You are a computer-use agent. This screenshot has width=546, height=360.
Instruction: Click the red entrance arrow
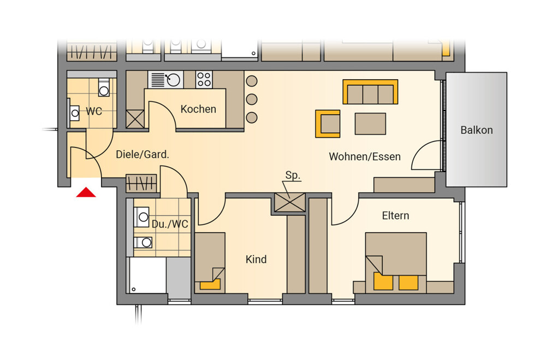(x=86, y=193)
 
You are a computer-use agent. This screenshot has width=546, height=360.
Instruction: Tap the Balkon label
(x=476, y=131)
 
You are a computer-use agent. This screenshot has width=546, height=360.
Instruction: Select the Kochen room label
(x=198, y=109)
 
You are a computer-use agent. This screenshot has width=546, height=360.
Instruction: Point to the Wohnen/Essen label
(x=365, y=156)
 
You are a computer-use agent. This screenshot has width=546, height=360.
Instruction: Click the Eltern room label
(x=395, y=216)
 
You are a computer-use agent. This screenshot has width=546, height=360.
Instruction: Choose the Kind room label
(x=256, y=259)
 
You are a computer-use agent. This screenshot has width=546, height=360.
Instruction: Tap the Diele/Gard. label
(x=143, y=155)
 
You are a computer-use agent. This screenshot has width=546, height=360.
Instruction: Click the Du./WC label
(x=170, y=224)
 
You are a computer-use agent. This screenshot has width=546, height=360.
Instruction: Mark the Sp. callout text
(x=293, y=175)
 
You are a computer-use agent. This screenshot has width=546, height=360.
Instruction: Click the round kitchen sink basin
(x=174, y=80)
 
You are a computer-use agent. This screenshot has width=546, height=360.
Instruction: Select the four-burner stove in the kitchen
(x=204, y=79)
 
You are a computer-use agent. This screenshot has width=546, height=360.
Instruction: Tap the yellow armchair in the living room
(x=328, y=123)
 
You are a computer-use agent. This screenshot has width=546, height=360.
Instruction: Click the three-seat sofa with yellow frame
(x=370, y=92)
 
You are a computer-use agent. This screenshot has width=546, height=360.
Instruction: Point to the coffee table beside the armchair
(x=370, y=123)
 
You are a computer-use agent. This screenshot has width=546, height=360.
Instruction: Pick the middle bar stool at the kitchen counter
(x=251, y=99)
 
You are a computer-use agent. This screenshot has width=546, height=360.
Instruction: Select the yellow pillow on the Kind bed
(x=210, y=284)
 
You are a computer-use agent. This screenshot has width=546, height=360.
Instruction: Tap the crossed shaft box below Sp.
(x=290, y=203)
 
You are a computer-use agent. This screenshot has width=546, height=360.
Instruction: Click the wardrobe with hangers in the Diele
(x=141, y=183)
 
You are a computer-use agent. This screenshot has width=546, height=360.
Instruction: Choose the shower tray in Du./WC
(x=147, y=275)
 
